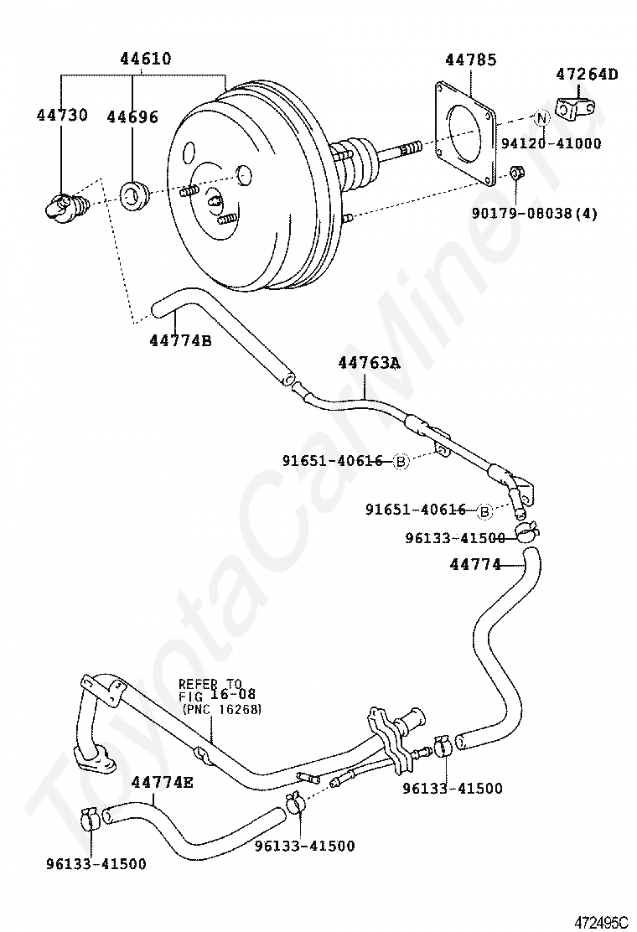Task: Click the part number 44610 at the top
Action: pos(146,59)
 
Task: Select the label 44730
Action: pos(62,115)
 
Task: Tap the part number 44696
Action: pos(132,117)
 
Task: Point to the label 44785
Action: pos(470,60)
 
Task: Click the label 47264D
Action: pos(587,75)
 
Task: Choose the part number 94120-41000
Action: pos(551,143)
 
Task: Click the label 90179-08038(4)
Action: pos(535,213)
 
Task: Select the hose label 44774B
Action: pos(181,340)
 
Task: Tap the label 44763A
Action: pos(370,363)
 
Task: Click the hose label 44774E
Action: pos(163,782)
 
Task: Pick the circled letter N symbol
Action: pos(541,118)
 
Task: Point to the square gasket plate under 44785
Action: pos(465,133)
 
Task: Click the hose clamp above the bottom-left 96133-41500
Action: pos(91,819)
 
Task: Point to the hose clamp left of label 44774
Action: pos(526,531)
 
